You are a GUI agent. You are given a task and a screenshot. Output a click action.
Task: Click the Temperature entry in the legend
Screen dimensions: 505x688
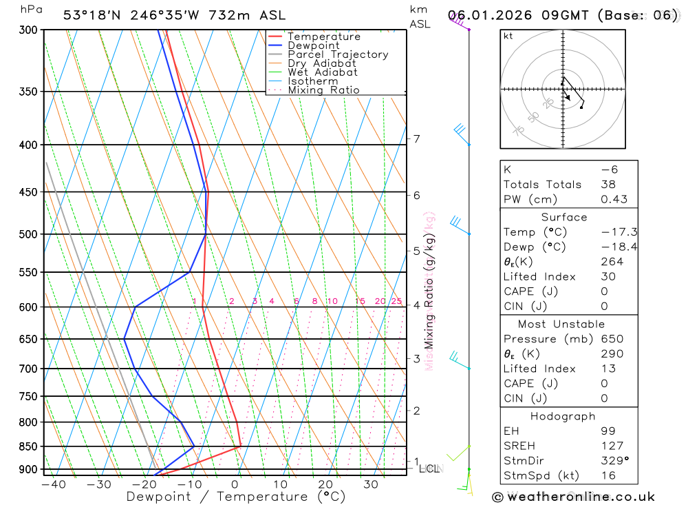click(x=323, y=37)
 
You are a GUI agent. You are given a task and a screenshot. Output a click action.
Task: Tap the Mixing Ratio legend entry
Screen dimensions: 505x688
click(x=323, y=90)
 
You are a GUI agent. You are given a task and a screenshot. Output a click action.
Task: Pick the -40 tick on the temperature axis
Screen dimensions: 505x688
click(x=53, y=484)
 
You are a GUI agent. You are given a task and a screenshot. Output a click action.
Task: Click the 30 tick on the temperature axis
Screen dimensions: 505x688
click(x=371, y=484)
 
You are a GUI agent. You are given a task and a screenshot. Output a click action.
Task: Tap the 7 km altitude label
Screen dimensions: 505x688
click(x=416, y=139)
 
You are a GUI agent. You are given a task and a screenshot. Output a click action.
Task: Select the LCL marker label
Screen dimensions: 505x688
click(x=429, y=468)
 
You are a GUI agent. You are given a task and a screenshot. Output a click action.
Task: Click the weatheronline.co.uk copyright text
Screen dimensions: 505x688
click(x=574, y=496)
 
